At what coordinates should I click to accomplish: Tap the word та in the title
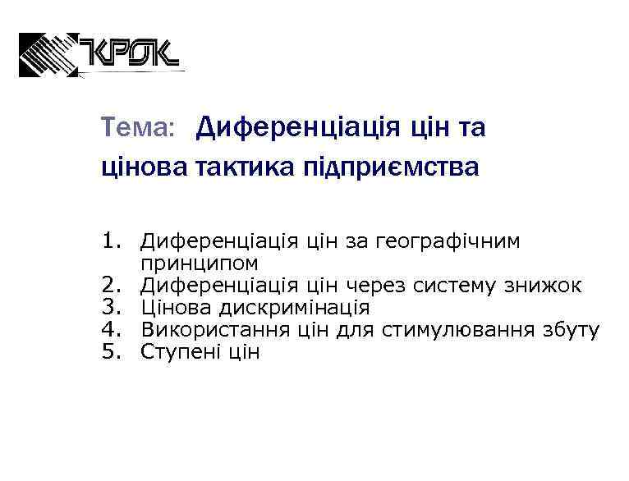469,128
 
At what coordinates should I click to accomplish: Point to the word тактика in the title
240,167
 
